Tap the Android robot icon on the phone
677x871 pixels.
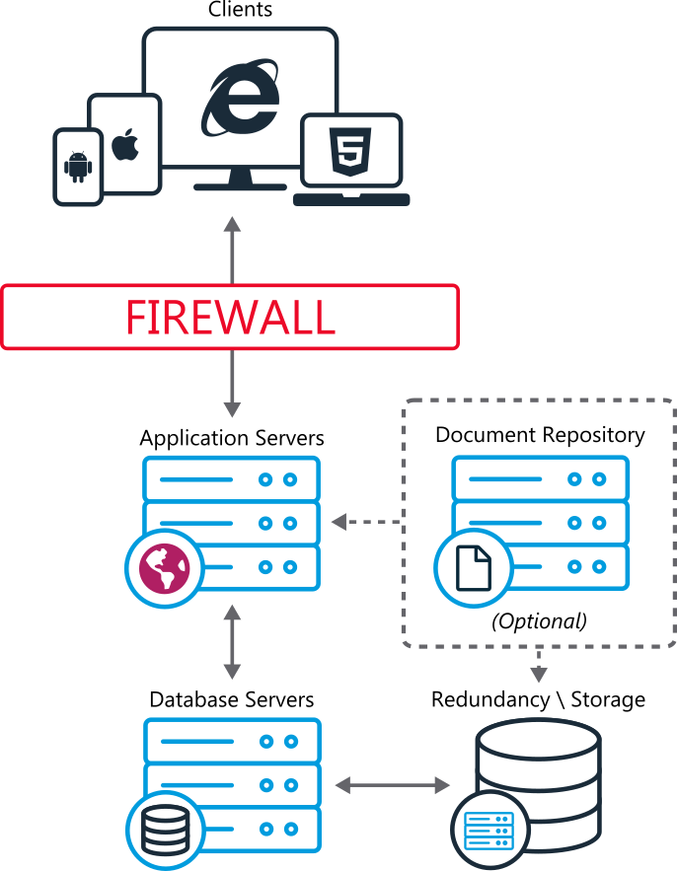click(78, 167)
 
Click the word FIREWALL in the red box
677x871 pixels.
click(230, 318)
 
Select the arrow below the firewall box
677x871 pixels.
click(232, 384)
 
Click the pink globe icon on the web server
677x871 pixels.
click(163, 570)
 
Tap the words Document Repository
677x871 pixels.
click(540, 435)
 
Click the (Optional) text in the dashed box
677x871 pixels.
click(539, 621)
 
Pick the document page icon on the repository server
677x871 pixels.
click(474, 570)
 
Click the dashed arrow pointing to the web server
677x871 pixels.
click(365, 522)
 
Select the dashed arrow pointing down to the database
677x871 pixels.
click(538, 667)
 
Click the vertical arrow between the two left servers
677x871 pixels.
click(232, 642)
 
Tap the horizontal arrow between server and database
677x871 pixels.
click(393, 786)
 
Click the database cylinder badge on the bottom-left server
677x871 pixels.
click(166, 831)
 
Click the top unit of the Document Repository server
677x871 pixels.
click(540, 478)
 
